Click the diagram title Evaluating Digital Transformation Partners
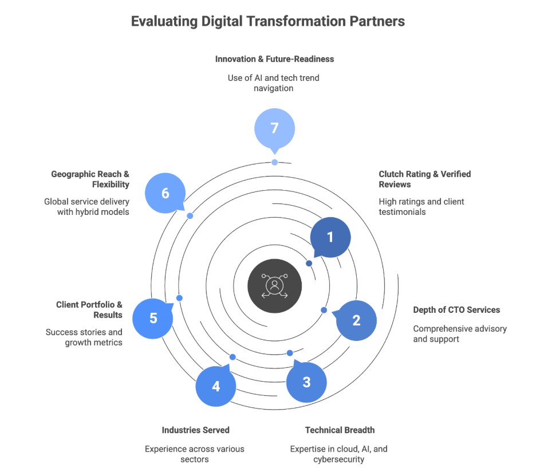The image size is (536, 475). [x=268, y=22]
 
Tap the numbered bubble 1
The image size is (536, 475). [x=330, y=237]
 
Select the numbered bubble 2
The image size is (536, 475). [x=356, y=320]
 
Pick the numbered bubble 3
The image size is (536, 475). [x=306, y=382]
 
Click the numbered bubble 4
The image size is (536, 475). [x=216, y=386]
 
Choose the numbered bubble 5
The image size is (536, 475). [x=153, y=318]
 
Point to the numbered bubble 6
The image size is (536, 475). [x=165, y=194]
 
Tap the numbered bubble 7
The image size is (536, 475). [x=274, y=128]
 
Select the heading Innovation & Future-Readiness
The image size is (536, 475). [x=274, y=59]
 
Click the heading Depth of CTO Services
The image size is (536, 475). [x=456, y=310]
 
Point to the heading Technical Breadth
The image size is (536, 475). [x=340, y=430]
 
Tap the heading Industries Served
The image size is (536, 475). [x=196, y=430]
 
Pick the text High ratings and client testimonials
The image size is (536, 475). [x=421, y=206]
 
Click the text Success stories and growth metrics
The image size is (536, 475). [x=84, y=337]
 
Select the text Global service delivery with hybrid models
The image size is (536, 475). [x=86, y=206]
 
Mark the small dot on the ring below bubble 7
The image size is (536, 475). [x=275, y=162]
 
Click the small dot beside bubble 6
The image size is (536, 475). [x=190, y=215]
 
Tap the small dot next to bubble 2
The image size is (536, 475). [x=324, y=310]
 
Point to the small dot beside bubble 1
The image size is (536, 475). [x=309, y=263]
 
